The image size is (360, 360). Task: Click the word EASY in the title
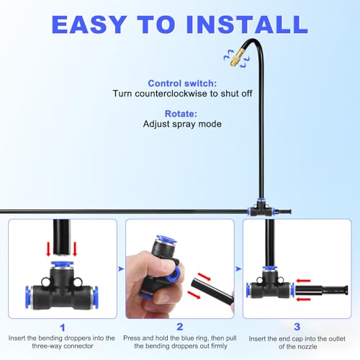[89, 24]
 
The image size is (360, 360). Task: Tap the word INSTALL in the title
[248, 24]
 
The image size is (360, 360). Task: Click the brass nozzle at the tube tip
[237, 58]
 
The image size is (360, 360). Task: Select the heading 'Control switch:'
[182, 84]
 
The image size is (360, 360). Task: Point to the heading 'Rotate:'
[181, 114]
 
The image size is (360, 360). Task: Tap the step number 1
[63, 328]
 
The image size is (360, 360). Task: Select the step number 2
[180, 327]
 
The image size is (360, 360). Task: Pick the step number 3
[297, 327]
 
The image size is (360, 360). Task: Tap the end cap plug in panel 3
[322, 290]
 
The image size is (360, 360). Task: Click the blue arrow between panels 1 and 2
[121, 269]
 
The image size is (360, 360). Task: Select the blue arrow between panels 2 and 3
[238, 269]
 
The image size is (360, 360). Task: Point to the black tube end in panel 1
[61, 237]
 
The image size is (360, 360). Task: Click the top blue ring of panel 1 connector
[62, 264]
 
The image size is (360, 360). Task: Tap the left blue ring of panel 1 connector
[29, 297]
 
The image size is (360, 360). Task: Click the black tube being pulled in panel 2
[212, 290]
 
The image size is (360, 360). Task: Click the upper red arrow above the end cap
[303, 281]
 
